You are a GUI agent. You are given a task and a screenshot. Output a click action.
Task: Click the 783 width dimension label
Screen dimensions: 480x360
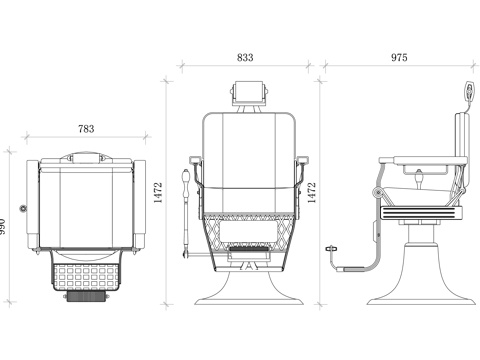pyautogui.click(x=86, y=129)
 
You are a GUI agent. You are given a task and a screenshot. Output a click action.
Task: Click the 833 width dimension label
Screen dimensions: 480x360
pyautogui.click(x=245, y=57)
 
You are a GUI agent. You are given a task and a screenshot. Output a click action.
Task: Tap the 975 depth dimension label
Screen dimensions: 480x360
pyautogui.click(x=399, y=57)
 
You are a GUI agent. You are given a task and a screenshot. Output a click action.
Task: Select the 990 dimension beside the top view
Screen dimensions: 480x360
pyautogui.click(x=3, y=227)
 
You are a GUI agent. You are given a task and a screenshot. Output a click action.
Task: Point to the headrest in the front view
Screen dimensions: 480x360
pyautogui.click(x=249, y=93)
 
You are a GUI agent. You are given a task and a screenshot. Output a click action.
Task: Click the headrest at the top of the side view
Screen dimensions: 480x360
pyautogui.click(x=469, y=90)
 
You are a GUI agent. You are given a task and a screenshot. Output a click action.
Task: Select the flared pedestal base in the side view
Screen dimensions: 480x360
pyautogui.click(x=421, y=274)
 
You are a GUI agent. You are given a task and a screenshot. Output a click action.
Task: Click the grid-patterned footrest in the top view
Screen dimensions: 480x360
pyautogui.click(x=86, y=276)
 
